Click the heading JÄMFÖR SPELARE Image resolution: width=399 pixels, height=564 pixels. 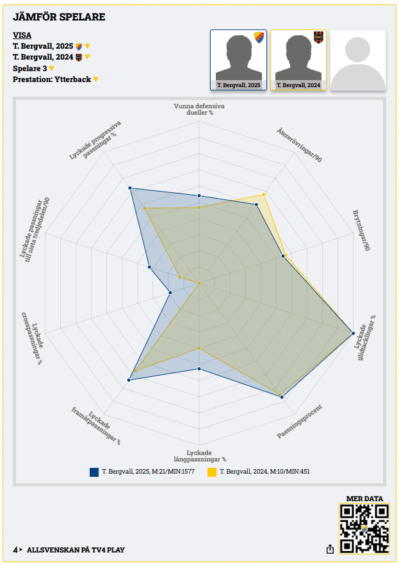click(x=59, y=17)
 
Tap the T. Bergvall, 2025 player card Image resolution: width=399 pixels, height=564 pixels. click(x=238, y=60)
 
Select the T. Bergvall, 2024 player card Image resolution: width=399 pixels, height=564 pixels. click(x=298, y=60)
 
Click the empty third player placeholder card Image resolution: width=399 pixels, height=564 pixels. click(x=357, y=60)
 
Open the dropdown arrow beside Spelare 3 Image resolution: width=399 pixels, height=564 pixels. click(x=52, y=69)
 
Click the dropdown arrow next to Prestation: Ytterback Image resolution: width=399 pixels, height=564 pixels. click(x=95, y=79)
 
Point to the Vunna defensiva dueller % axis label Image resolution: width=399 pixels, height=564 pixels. click(x=199, y=109)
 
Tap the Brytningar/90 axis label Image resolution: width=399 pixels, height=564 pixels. click(x=361, y=229)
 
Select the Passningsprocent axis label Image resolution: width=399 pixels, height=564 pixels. click(x=299, y=421)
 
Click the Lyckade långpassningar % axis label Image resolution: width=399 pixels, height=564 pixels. click(x=200, y=456)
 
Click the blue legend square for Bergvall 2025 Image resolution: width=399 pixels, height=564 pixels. click(x=94, y=472)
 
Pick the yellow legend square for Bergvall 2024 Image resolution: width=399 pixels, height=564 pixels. click(x=211, y=472)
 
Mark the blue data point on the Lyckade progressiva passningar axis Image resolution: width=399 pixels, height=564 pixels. click(x=130, y=188)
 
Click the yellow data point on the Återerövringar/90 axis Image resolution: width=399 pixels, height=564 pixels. click(x=264, y=194)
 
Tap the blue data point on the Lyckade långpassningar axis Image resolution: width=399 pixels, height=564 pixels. click(x=199, y=369)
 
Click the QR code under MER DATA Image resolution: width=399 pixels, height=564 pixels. click(x=364, y=529)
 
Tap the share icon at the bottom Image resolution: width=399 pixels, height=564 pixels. click(x=330, y=549)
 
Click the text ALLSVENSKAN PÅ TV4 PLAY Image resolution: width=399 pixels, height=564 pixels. click(x=76, y=550)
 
